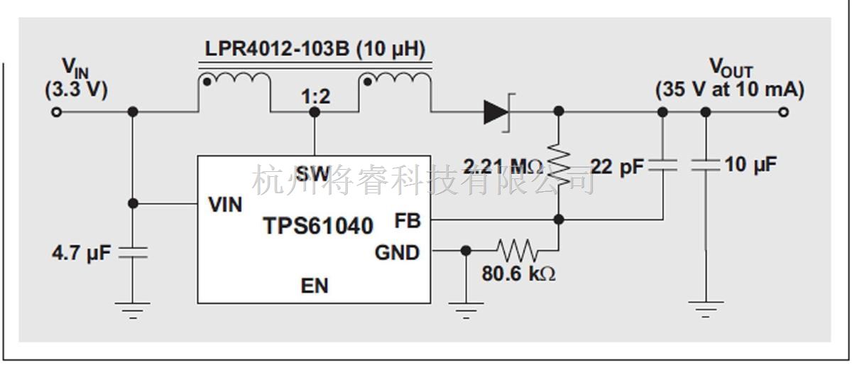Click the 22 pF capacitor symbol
662,166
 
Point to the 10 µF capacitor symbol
705,166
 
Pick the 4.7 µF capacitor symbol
133,251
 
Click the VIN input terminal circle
57,112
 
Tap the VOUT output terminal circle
783,112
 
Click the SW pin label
313,173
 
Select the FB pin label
408,221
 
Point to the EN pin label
315,286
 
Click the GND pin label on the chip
397,252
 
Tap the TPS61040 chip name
318,226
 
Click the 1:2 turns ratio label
315,97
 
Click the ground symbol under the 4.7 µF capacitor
133,309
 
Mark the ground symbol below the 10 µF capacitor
705,309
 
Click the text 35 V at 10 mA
729,90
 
